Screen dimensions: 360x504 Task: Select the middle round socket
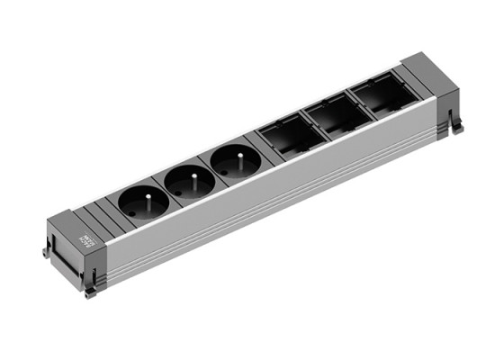188,182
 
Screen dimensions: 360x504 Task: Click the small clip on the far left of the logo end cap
46,252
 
